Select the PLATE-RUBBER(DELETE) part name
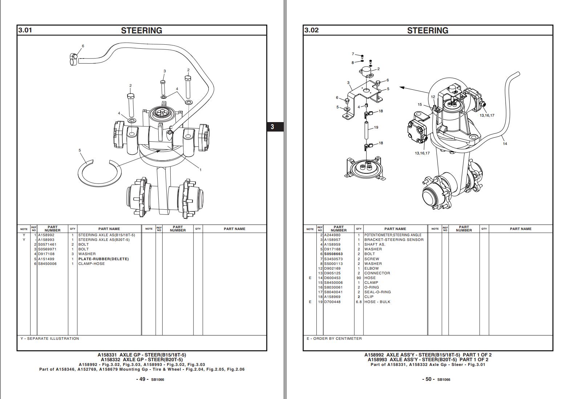[104, 259]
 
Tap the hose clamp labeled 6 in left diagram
[74, 59]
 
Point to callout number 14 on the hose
[505, 144]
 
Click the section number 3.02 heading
[312, 30]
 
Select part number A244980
[332, 235]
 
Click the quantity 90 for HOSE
[359, 278]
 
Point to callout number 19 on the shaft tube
[376, 128]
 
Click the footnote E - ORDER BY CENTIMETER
[334, 339]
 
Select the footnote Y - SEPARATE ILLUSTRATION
[50, 339]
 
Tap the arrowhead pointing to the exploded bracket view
[402, 87]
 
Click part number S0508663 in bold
[333, 254]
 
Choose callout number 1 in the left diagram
[200, 170]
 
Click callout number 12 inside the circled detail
[433, 97]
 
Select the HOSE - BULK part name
[377, 302]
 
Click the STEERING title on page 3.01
[142, 31]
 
